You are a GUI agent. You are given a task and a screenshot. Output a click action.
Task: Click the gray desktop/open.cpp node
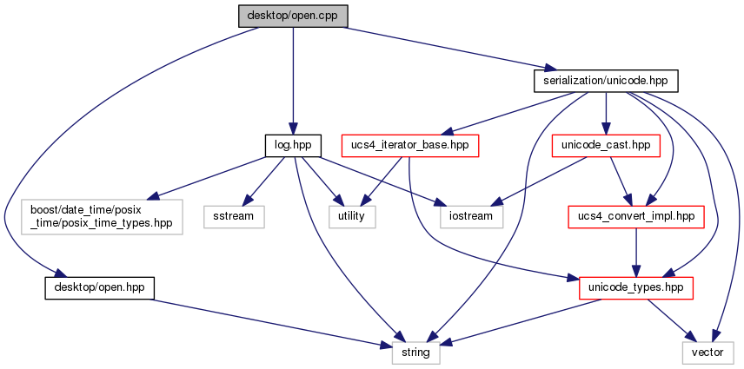(x=293, y=16)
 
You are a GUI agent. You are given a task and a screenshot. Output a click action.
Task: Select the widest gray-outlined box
(x=102, y=216)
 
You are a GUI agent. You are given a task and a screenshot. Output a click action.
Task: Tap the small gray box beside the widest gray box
(x=234, y=217)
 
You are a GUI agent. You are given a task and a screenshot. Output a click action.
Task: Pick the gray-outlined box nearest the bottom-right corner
(x=707, y=353)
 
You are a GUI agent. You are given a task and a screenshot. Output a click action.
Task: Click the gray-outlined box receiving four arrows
(x=415, y=353)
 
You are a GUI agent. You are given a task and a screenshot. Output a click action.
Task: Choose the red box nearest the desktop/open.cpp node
(x=410, y=146)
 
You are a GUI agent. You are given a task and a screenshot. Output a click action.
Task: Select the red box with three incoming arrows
(x=635, y=287)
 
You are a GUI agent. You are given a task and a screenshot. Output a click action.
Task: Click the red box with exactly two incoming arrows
(x=635, y=217)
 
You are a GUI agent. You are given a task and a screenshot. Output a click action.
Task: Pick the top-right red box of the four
(x=606, y=146)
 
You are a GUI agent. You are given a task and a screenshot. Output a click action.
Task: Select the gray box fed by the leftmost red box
(x=352, y=217)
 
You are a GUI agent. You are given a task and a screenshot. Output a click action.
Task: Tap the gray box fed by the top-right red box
(x=472, y=217)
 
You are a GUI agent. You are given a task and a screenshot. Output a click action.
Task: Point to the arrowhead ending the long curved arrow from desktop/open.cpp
(x=60, y=274)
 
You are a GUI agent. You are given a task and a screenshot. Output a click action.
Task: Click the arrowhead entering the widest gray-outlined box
(x=154, y=196)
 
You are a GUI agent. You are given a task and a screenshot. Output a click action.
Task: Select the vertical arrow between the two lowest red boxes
(x=636, y=252)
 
